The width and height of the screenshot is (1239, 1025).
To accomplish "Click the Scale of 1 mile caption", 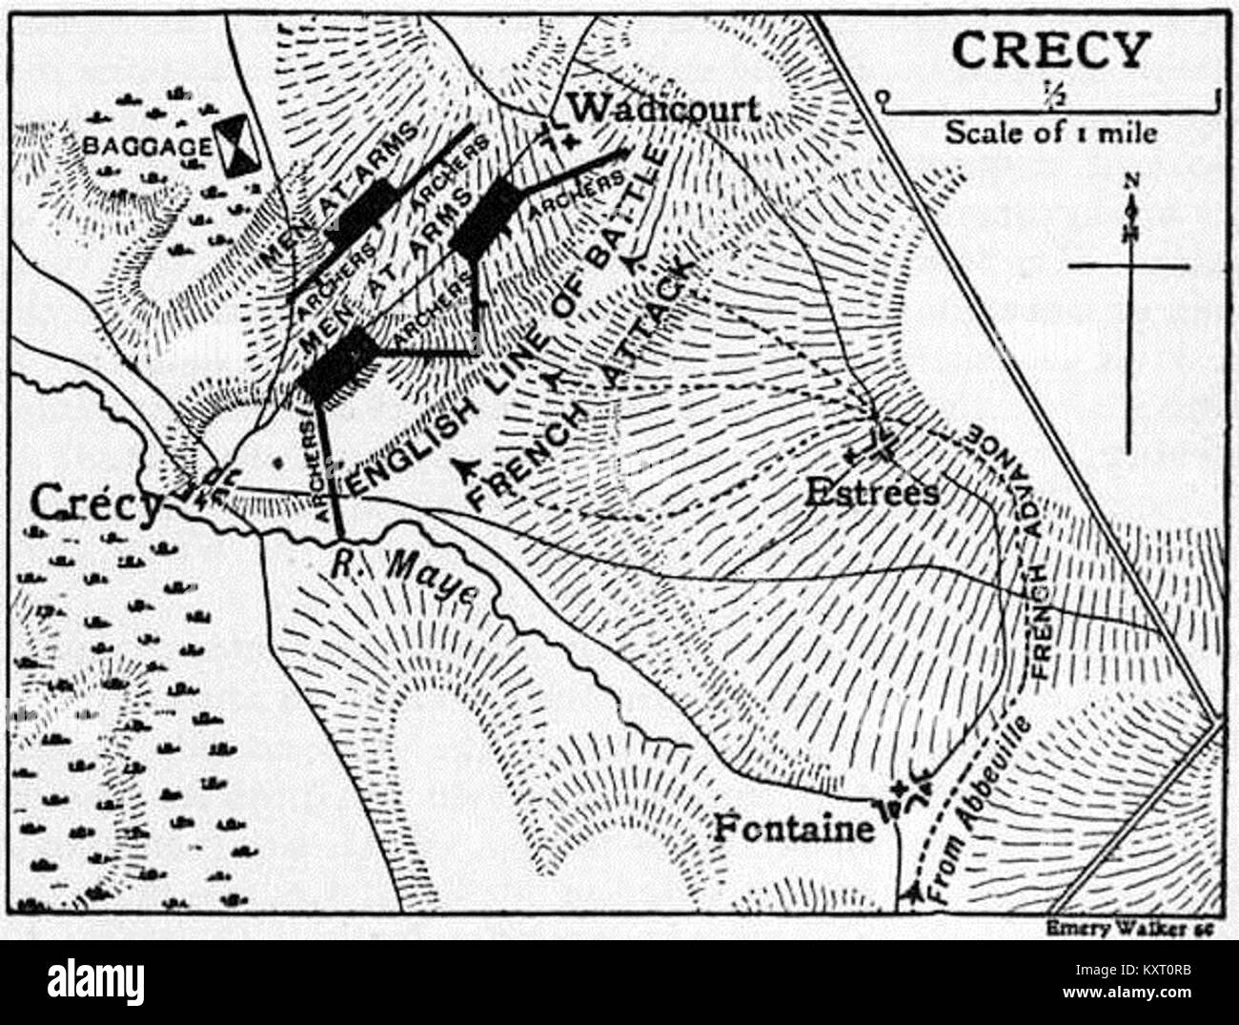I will coord(1050,132).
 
